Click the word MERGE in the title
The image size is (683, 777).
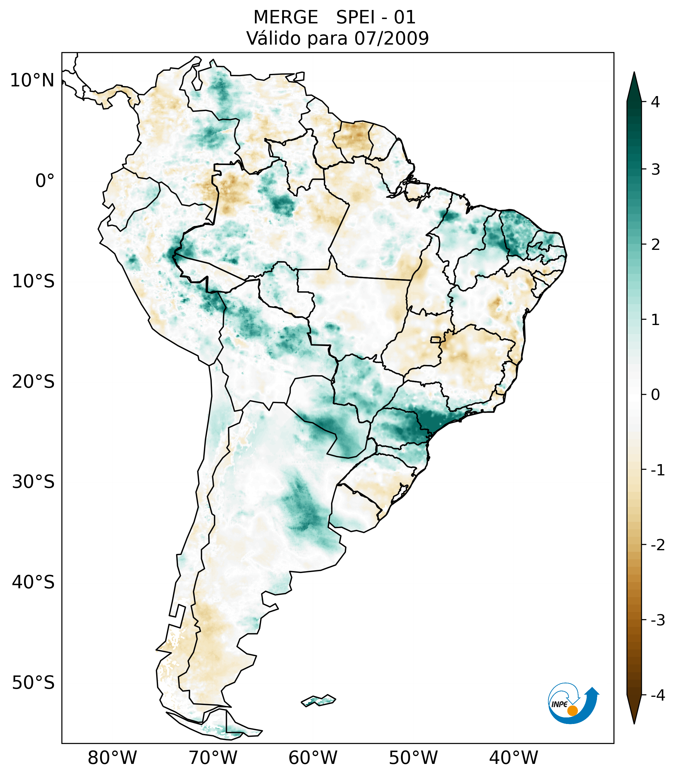tap(286, 17)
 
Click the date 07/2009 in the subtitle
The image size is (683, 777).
tap(391, 38)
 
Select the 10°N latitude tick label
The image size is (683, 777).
tap(32, 80)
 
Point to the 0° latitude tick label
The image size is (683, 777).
tap(45, 181)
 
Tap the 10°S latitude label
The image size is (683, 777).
tap(33, 282)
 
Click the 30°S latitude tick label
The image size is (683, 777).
tap(33, 482)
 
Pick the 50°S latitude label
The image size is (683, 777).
tap(33, 683)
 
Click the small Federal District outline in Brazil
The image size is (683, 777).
tap(436, 339)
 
